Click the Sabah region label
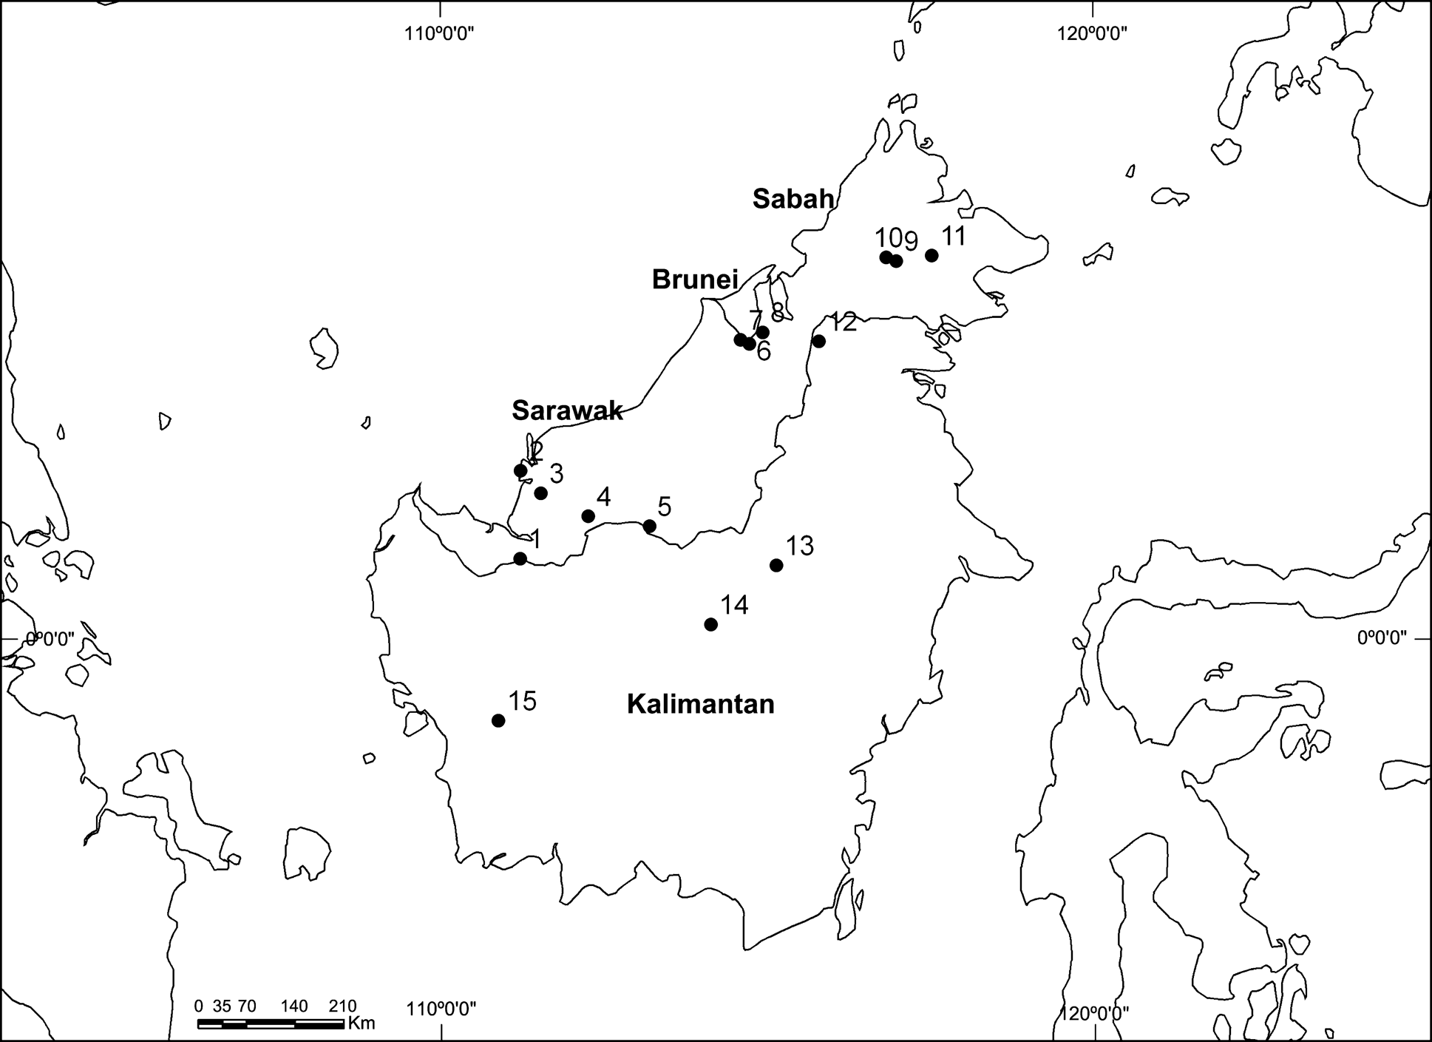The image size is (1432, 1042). click(x=793, y=198)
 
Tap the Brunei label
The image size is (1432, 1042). click(x=695, y=280)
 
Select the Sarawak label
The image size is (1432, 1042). click(x=567, y=410)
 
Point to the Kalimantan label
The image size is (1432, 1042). click(x=700, y=704)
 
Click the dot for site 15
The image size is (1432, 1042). click(x=498, y=720)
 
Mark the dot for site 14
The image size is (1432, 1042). click(x=710, y=624)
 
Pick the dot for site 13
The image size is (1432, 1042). click(x=776, y=565)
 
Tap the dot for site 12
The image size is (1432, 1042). click(x=818, y=341)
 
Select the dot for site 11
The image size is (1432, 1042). click(x=932, y=255)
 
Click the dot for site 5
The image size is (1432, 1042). click(x=649, y=526)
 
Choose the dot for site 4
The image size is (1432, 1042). click(x=588, y=515)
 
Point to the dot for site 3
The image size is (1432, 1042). click(x=540, y=493)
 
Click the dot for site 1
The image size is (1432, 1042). click(x=520, y=558)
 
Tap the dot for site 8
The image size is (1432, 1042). click(x=763, y=332)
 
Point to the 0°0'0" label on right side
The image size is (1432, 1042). click(x=1381, y=637)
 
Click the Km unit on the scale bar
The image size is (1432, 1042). click(x=361, y=1024)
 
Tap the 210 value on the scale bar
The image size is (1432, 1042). click(x=342, y=1006)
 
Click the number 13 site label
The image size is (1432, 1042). click(x=799, y=546)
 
